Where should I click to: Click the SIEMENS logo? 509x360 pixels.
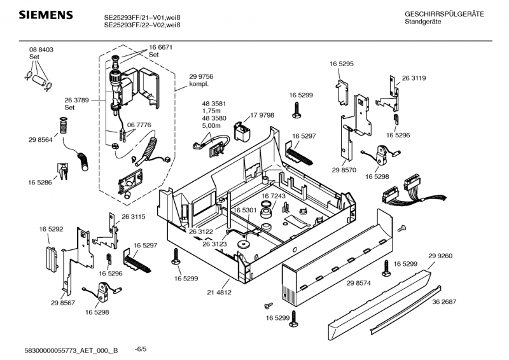coord(42,15)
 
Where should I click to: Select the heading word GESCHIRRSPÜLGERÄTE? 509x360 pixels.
coord(444,14)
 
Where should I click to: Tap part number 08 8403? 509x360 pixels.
coord(41,50)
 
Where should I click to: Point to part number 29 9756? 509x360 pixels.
coord(201,76)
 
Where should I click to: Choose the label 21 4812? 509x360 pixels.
coord(219,292)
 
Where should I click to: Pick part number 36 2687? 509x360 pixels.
coord(445,302)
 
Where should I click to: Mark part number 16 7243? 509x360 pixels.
coord(274,196)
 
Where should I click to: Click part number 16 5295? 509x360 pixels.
coord(342,64)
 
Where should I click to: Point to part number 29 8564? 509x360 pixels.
coord(41,139)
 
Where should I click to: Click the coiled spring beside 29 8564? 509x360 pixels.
coord(63,126)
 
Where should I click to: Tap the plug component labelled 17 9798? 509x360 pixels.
coord(242,132)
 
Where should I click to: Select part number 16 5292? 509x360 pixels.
coord(51,228)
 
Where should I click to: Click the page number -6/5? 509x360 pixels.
coord(141,349)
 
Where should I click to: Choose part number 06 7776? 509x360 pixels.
coord(139,125)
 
